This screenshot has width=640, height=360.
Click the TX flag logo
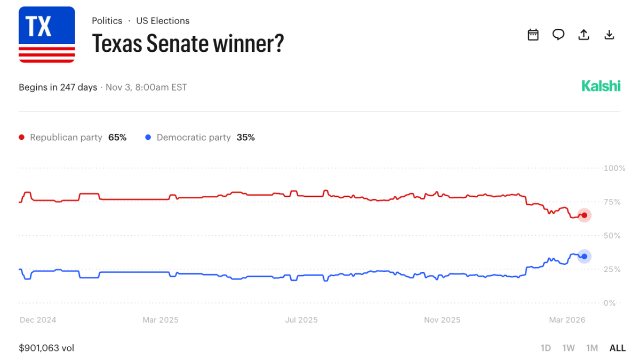point(47,35)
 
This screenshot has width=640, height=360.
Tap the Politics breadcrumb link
point(107,21)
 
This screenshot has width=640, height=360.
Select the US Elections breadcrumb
point(163,21)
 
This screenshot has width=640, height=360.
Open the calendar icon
point(533,35)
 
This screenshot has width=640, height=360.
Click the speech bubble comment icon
point(558,35)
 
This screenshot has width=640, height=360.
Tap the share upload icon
point(584,35)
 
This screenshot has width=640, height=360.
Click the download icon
point(609,35)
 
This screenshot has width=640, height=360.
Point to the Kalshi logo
point(601,86)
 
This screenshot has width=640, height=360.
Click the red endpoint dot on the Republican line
point(585,215)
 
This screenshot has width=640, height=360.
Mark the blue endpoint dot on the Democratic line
point(585,257)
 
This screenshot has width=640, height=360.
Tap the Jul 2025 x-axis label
point(301,320)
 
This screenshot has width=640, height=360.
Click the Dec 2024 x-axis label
point(38,320)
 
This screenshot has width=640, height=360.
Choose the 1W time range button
point(569,348)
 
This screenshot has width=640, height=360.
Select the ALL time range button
point(618,348)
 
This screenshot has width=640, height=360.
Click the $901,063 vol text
point(46,348)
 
